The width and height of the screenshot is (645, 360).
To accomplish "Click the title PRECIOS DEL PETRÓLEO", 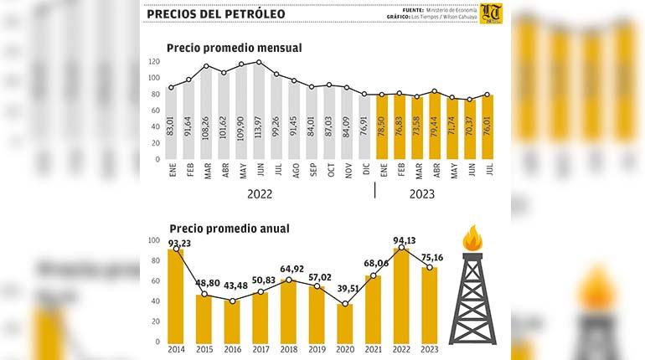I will pos(215,13).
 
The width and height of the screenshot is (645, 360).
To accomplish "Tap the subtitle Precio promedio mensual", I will pos(234,48).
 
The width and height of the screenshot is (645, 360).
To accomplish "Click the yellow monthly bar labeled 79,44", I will pos(434,126).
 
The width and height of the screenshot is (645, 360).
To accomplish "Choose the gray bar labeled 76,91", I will pos(364,127).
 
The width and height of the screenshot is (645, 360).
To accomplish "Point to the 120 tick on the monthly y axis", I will pos(153,62).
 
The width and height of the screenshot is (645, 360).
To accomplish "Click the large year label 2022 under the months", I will pos(260,194).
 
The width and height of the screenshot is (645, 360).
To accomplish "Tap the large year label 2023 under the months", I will pos(421,194).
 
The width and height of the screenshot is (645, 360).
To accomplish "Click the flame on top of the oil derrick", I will pos(472,239).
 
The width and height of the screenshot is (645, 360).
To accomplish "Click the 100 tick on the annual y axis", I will pos(153,240).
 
